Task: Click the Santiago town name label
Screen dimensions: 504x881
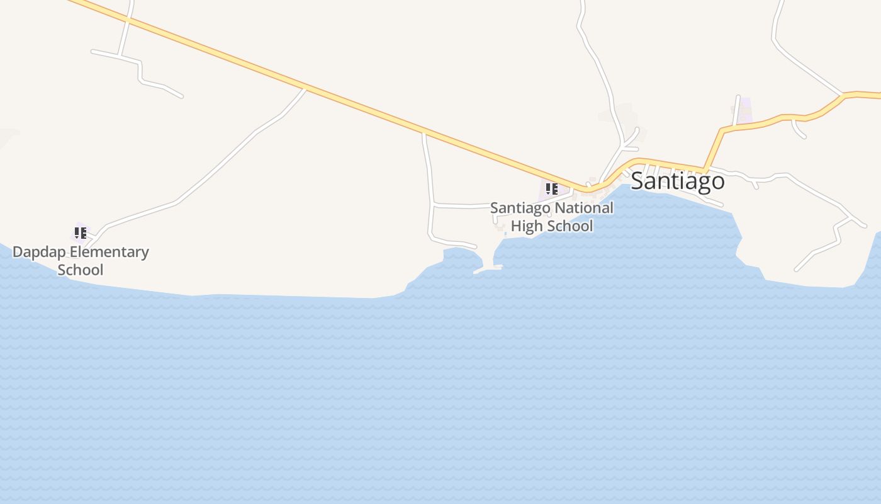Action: click(677, 181)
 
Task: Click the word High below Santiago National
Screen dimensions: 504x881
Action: click(527, 226)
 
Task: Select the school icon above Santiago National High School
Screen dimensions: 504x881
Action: click(551, 188)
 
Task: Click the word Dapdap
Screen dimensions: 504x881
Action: click(40, 252)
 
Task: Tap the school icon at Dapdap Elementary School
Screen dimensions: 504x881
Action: click(80, 233)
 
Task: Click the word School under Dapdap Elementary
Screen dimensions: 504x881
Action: click(80, 270)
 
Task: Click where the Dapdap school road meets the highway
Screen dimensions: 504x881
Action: click(306, 88)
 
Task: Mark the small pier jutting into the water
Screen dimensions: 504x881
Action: click(488, 270)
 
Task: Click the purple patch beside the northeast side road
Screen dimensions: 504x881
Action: click(744, 111)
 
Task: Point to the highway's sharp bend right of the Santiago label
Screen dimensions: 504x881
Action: click(707, 169)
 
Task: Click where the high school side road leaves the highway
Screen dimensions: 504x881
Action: click(424, 134)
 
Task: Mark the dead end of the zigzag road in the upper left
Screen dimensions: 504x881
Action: click(182, 96)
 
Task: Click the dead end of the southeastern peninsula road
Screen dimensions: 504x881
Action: click(797, 270)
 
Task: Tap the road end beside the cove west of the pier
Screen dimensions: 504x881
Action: click(475, 247)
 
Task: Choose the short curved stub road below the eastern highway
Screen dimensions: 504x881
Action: click(798, 129)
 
